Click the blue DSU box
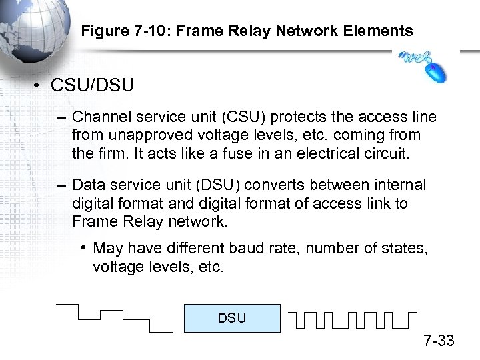click(231, 318)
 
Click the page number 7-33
click(438, 341)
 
